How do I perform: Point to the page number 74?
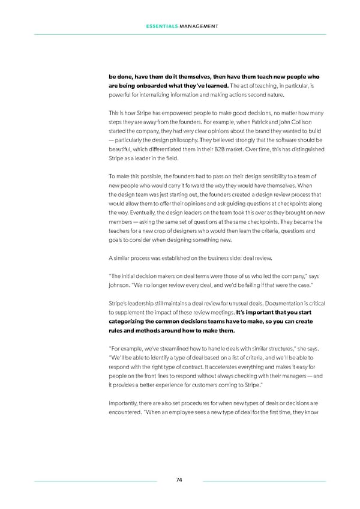tap(179, 480)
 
